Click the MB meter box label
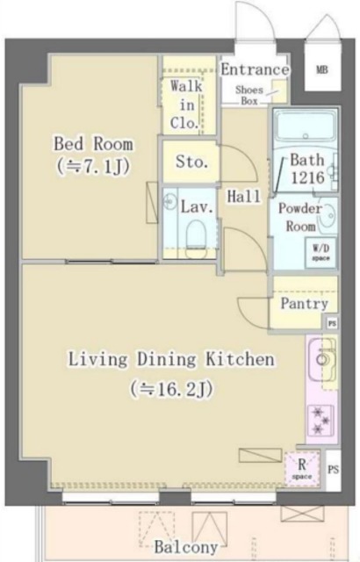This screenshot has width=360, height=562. tap(322, 69)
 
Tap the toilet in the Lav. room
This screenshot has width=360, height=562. tap(197, 239)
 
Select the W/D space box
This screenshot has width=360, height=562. tap(320, 252)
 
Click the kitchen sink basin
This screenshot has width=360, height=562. tap(322, 359)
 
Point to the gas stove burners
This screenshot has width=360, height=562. tap(320, 421)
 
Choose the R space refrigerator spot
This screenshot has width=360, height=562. tap(302, 469)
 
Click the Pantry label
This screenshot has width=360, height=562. tap(304, 304)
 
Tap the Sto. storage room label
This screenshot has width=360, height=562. tap(191, 162)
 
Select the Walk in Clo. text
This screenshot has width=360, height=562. tap(185, 104)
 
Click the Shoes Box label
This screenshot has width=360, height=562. tap(249, 96)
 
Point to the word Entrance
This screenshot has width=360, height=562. tap(255, 69)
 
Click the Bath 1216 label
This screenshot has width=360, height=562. tap(307, 169)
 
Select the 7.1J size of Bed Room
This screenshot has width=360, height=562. tap(93, 166)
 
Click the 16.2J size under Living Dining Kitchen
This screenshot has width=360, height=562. tap(171, 389)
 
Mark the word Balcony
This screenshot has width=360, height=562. tap(186, 547)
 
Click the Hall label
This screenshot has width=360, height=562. tap(244, 196)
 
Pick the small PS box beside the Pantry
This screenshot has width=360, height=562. tap(332, 324)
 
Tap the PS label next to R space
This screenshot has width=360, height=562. tap(333, 469)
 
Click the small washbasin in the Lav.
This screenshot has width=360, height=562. tap(169, 201)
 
